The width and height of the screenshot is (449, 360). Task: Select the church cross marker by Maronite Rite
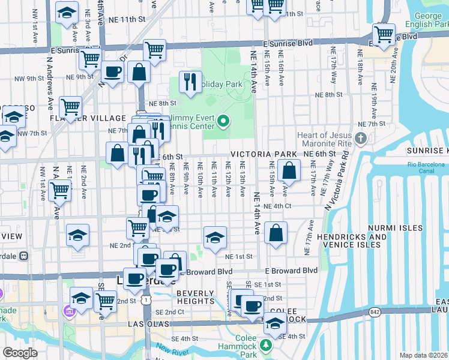point(360,139)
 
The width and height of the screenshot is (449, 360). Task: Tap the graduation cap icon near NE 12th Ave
point(215,238)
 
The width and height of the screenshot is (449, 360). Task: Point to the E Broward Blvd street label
point(291,271)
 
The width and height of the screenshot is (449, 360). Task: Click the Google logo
point(20,353)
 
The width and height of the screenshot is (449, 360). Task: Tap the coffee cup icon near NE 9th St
point(112,72)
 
